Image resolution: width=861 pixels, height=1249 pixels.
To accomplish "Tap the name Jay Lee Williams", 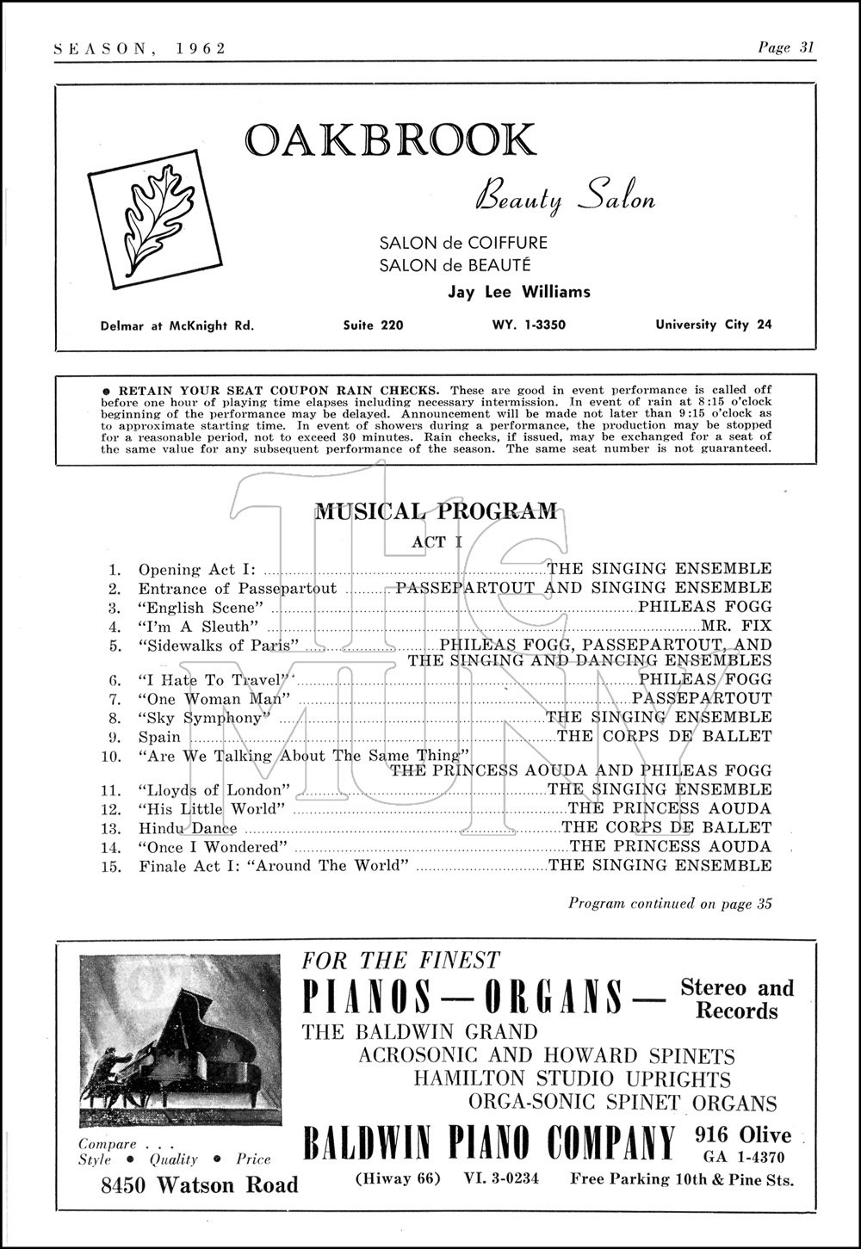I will pyautogui.click(x=519, y=292).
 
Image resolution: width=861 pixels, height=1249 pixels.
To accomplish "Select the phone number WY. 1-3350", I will pyautogui.click(x=523, y=325).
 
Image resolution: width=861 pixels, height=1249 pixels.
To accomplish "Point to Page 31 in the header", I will pyautogui.click(x=785, y=48).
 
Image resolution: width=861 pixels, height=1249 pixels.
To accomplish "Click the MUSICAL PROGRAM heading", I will pyautogui.click(x=436, y=511).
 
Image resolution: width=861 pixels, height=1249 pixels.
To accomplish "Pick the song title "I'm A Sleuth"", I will pyautogui.click(x=194, y=626).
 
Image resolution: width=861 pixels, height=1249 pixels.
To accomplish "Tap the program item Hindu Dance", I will pyautogui.click(x=188, y=828).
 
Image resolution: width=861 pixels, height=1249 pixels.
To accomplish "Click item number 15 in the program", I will pyautogui.click(x=115, y=866).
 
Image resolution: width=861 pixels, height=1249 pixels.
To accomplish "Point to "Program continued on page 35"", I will pyautogui.click(x=670, y=904).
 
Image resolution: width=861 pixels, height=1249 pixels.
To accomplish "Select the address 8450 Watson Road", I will pyautogui.click(x=199, y=1185).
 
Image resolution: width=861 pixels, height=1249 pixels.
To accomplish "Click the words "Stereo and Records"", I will pyautogui.click(x=736, y=999).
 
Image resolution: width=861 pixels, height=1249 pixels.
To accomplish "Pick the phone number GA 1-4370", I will pyautogui.click(x=744, y=1155).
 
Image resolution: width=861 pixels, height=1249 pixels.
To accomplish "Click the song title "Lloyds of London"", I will pyautogui.click(x=213, y=790).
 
